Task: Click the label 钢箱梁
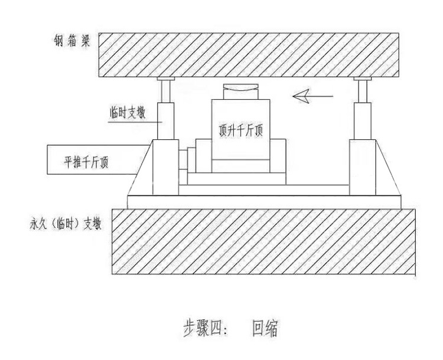click(71, 41)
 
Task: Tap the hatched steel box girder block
click(249, 55)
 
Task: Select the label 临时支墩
click(128, 112)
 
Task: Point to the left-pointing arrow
click(313, 96)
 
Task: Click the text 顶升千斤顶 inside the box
click(241, 130)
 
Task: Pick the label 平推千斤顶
click(86, 162)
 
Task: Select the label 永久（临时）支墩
click(65, 224)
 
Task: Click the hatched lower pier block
click(263, 241)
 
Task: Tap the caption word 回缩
click(265, 328)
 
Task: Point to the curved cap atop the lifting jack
click(241, 91)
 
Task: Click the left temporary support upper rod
click(165, 91)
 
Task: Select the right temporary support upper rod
click(363, 91)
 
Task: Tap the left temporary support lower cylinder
click(165, 121)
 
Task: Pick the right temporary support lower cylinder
click(363, 121)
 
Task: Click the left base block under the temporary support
click(165, 167)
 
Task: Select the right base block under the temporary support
click(363, 167)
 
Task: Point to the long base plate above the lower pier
click(264, 202)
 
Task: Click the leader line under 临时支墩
click(135, 122)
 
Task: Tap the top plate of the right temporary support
click(363, 78)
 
